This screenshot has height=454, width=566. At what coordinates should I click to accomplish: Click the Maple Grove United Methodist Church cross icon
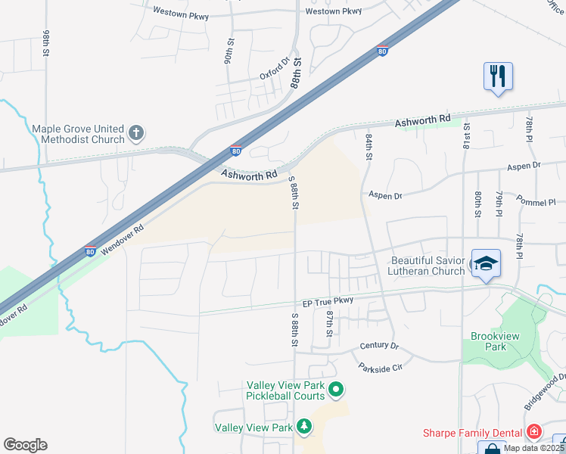(136, 134)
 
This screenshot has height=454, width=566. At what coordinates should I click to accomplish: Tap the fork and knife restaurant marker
(498, 76)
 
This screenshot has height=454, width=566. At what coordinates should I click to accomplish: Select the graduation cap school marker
(484, 263)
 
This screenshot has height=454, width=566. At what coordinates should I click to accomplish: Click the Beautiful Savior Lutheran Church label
(428, 266)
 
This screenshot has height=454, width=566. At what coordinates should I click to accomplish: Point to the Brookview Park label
(488, 341)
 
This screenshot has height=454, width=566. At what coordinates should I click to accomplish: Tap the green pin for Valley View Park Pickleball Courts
(337, 390)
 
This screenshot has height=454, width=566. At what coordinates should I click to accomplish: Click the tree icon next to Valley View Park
(303, 428)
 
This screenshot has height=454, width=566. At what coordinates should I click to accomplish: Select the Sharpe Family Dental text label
(472, 433)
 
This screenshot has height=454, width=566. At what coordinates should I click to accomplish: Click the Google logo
(25, 445)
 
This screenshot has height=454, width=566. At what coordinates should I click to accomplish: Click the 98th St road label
(46, 44)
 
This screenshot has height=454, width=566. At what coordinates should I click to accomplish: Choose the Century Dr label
(379, 346)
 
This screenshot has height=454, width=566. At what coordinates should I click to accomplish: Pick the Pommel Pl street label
(536, 202)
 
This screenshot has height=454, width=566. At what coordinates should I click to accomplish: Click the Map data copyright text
(533, 448)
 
